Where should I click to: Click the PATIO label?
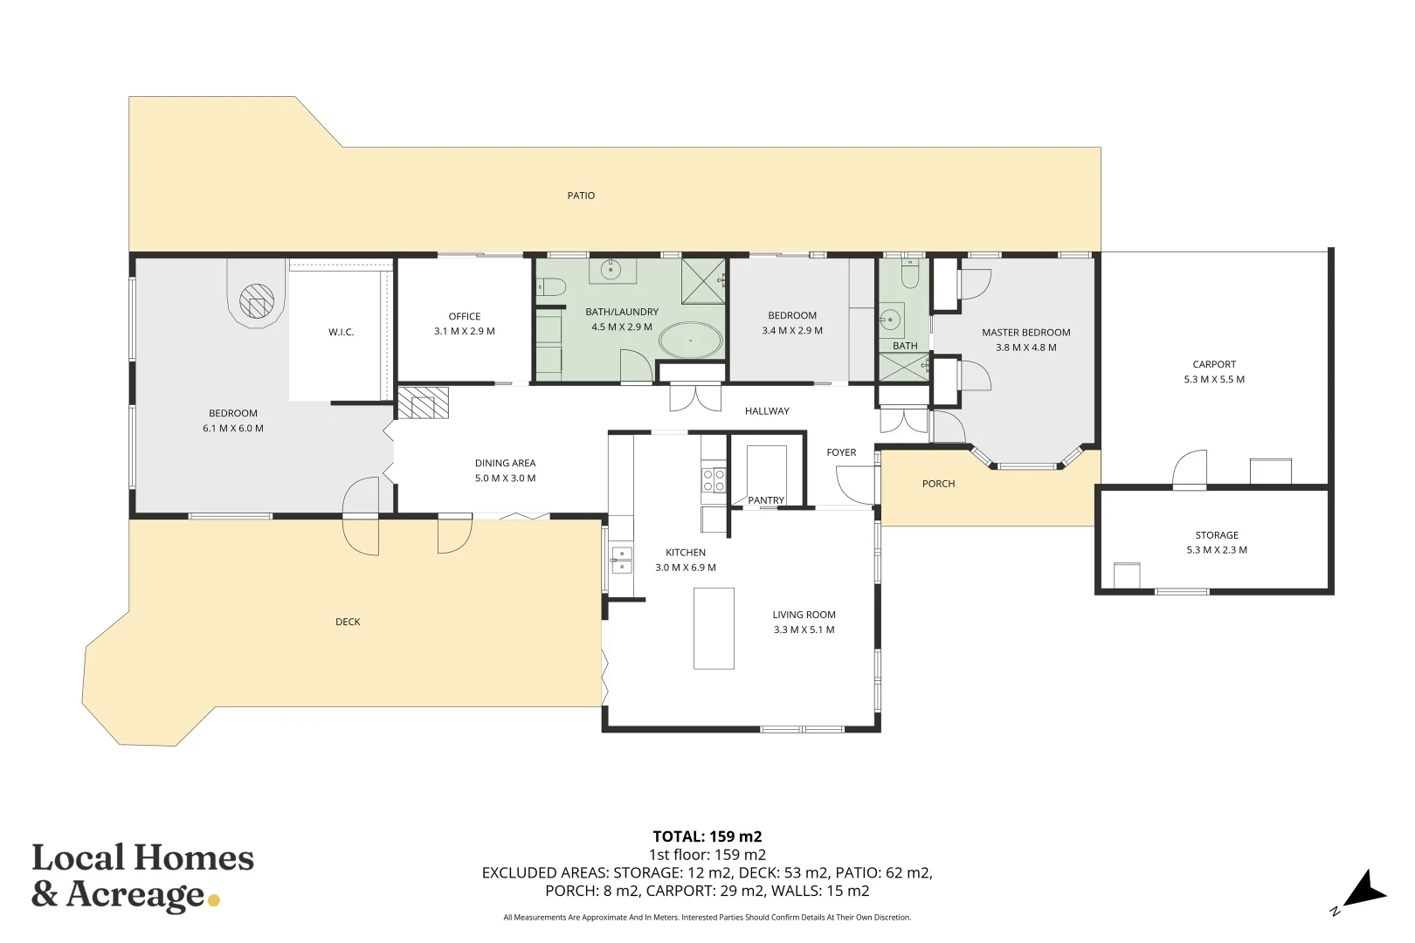coord(581,196)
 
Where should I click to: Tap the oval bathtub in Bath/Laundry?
coord(690,341)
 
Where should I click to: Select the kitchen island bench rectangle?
coord(714,629)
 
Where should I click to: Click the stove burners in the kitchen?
coord(714,480)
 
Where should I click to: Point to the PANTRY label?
coord(766,500)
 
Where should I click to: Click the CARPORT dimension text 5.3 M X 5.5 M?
coord(1214,380)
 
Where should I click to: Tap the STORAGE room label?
coord(1217,535)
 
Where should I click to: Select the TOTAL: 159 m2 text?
coord(707,836)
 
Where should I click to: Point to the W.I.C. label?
coord(341,332)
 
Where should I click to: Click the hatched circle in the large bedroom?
coord(257,301)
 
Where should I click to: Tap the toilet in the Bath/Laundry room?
coord(551,286)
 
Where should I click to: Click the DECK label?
coord(348,622)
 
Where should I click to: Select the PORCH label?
coord(938,484)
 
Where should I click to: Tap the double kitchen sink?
coord(621,561)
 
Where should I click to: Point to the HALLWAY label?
coord(767,411)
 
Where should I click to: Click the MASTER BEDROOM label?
coord(1025,333)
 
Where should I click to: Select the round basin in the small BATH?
coord(890,320)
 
